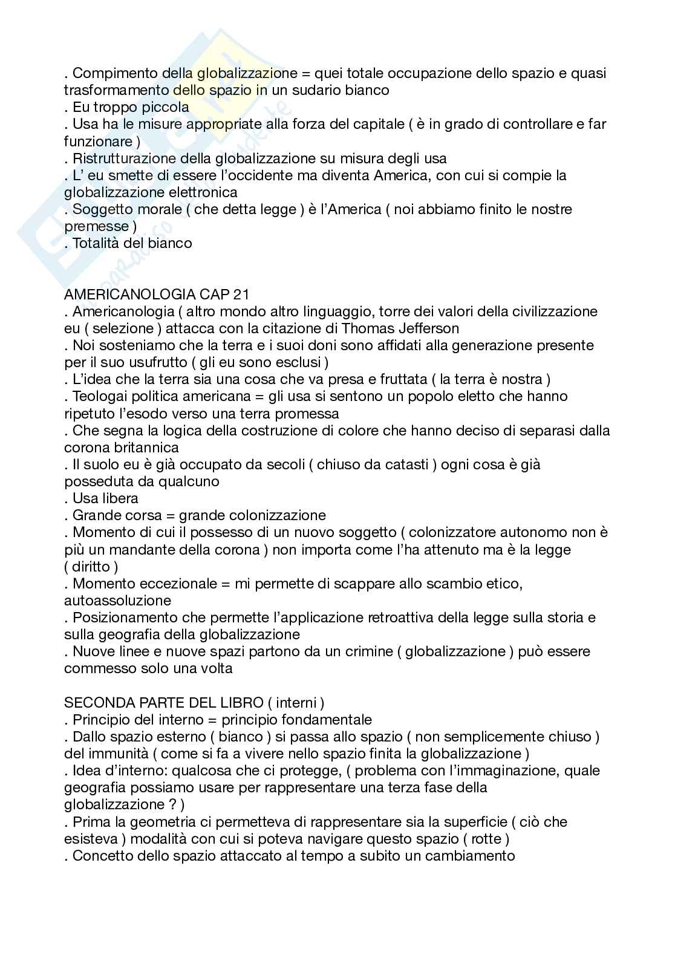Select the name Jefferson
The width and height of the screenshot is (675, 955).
click(x=429, y=328)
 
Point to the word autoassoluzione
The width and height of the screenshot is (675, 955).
click(x=117, y=601)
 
